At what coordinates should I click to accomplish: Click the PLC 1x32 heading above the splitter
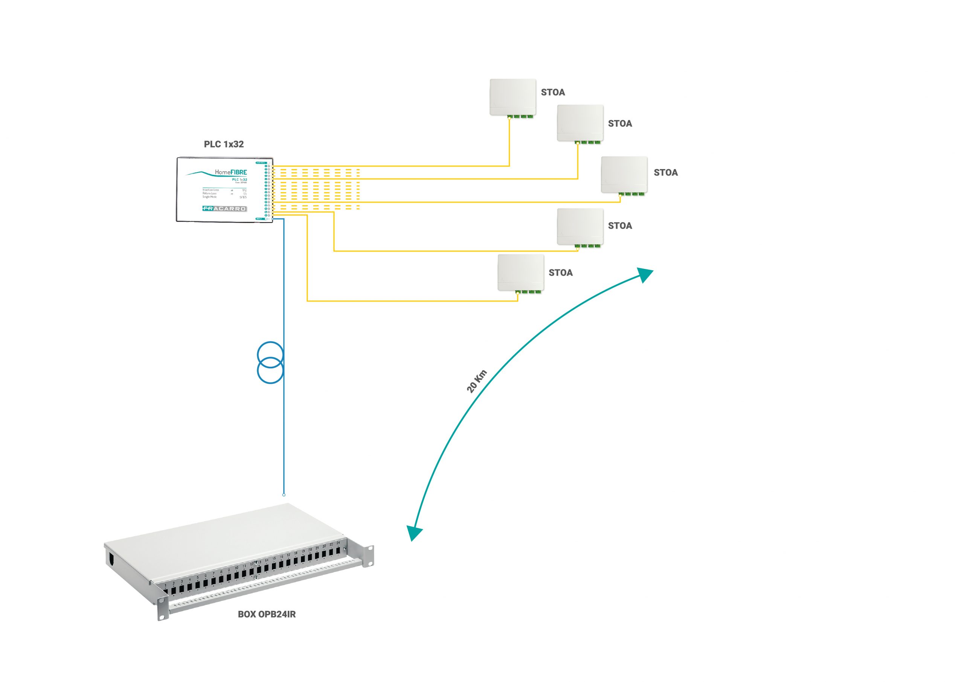223,144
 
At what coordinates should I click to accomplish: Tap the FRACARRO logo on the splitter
224,208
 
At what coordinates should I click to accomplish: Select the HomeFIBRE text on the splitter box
230,172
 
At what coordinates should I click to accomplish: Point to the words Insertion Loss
210,190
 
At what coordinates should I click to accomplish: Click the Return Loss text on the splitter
209,193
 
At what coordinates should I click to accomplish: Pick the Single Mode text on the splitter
209,197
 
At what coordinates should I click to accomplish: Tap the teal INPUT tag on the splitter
260,219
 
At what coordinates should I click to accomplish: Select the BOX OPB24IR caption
267,614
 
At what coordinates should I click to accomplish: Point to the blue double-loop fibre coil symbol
270,362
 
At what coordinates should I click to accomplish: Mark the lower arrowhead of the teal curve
414,533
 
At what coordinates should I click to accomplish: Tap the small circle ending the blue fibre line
284,495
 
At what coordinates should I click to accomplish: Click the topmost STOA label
552,92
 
